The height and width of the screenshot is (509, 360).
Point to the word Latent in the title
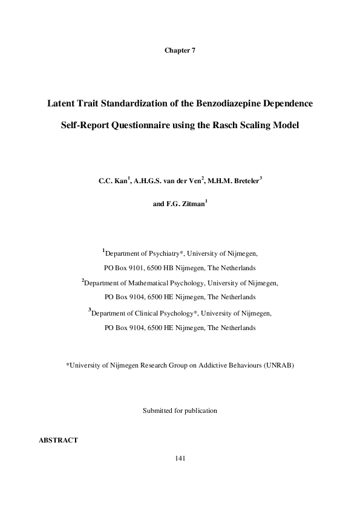pos(62,103)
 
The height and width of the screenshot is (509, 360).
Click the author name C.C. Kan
pos(113,180)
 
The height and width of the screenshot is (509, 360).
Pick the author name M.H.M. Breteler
pos(234,180)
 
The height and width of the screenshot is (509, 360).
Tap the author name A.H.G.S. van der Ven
pos(168,180)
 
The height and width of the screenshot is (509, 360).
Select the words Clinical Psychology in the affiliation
pos(168,314)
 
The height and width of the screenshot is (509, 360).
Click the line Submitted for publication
pos(180,410)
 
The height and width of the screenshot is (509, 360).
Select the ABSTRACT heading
pos(58,440)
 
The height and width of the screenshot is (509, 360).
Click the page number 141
pos(180,458)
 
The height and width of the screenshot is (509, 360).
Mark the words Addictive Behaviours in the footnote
pos(229,366)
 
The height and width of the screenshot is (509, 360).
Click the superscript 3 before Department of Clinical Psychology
pos(90,311)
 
